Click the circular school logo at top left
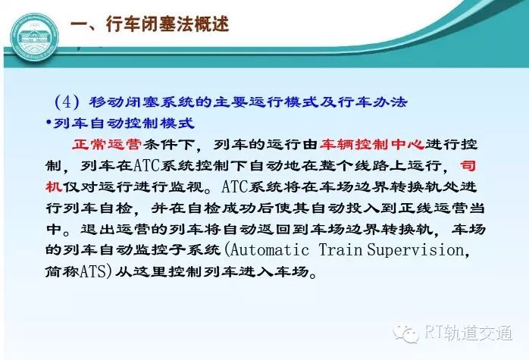pyautogui.click(x=34, y=37)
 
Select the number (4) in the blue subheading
pyautogui.click(x=67, y=102)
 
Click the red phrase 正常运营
pyautogui.click(x=107, y=145)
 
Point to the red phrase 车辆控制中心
pyautogui.click(x=372, y=145)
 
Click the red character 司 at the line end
pyautogui.click(x=468, y=165)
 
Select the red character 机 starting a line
pyautogui.click(x=54, y=186)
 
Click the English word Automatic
pyautogui.click(x=270, y=250)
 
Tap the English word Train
pyautogui.click(x=340, y=250)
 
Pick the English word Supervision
pyautogui.click(x=415, y=251)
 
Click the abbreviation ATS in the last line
pyautogui.click(x=93, y=271)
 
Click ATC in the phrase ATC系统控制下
pyautogui.click(x=147, y=166)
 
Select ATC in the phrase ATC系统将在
pyautogui.click(x=235, y=186)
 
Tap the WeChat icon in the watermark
pyautogui.click(x=406, y=333)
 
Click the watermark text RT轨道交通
pyautogui.click(x=468, y=333)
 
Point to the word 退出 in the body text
pyautogui.click(x=98, y=229)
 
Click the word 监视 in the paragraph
pyautogui.click(x=186, y=186)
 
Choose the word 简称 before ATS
pyautogui.click(x=63, y=271)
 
